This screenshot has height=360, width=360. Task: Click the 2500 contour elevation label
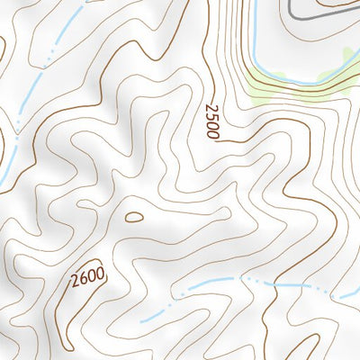click(x=211, y=121)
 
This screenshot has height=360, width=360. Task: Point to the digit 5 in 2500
click(x=211, y=116)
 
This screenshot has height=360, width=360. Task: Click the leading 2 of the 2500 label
click(x=209, y=108)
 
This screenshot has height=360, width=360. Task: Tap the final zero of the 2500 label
click(x=212, y=132)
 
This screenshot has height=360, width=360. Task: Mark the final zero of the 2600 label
click(x=100, y=271)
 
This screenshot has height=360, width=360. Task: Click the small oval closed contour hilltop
click(x=133, y=217)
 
